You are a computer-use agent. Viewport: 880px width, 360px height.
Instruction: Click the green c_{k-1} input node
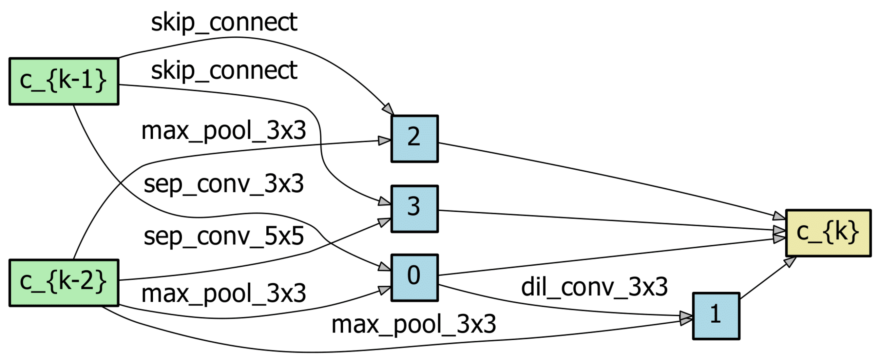click(x=64, y=81)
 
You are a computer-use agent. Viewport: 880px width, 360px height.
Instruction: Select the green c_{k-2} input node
click(x=64, y=282)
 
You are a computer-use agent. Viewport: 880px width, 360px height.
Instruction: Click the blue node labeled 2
click(x=414, y=139)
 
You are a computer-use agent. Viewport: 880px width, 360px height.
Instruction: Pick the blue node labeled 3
click(x=414, y=209)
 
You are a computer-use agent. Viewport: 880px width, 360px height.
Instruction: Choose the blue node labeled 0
click(x=414, y=278)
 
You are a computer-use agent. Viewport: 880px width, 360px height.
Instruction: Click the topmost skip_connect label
click(x=224, y=23)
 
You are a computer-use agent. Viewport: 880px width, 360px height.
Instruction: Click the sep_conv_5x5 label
click(x=224, y=237)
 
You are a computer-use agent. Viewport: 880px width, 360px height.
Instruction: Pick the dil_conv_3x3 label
click(x=594, y=287)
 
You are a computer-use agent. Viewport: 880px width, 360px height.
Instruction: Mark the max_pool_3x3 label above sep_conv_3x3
click(x=224, y=131)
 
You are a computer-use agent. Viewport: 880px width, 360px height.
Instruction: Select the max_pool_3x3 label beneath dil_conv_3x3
click(x=414, y=325)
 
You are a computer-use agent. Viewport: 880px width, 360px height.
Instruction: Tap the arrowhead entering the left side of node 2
click(x=384, y=141)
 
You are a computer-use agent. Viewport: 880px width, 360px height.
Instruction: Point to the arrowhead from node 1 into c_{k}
click(x=790, y=262)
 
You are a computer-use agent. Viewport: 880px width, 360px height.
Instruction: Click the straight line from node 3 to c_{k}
click(x=608, y=220)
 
